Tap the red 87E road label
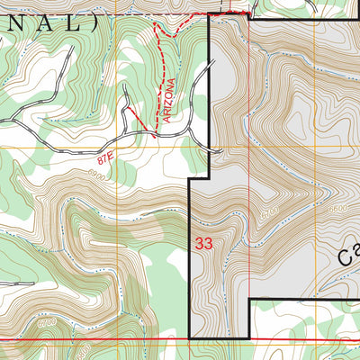106,159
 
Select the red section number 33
203,242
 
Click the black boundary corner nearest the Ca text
248,299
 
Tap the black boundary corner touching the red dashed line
210,14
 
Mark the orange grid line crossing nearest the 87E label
117,147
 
